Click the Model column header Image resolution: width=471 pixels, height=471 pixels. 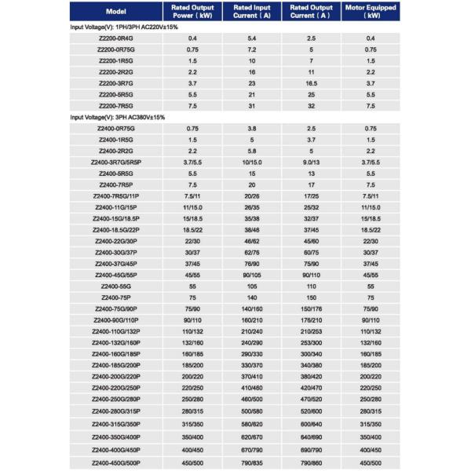click(x=115, y=13)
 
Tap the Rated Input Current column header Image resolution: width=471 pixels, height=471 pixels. click(x=252, y=13)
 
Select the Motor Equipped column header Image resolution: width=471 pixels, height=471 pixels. click(x=371, y=13)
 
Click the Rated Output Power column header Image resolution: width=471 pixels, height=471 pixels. click(x=192, y=13)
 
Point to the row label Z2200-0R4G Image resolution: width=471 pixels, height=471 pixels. click(x=115, y=38)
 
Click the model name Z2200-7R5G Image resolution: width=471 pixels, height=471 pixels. click(x=115, y=105)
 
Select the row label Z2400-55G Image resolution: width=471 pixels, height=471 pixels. click(x=115, y=287)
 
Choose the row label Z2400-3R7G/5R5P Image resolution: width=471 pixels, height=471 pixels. click(x=115, y=162)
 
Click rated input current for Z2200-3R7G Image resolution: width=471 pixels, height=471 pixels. click(x=252, y=82)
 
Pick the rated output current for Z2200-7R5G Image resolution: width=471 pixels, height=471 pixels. click(x=312, y=105)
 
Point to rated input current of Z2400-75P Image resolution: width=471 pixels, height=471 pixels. click(x=252, y=298)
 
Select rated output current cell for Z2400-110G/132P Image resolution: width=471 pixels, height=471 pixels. click(x=312, y=332)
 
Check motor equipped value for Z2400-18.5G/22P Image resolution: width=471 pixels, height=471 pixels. click(x=371, y=230)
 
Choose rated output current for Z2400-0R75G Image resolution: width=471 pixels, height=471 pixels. click(x=312, y=128)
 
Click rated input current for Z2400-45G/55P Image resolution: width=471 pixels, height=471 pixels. click(x=252, y=276)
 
